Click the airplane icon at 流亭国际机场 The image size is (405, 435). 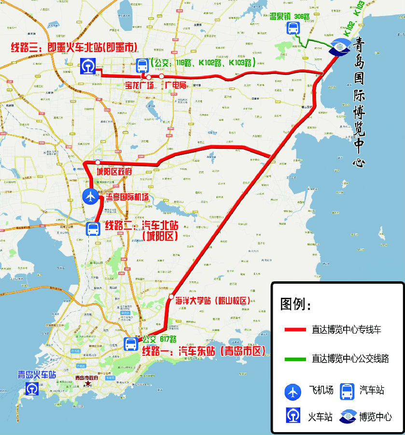click(90, 196)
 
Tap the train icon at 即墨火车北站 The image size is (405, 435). click(88, 65)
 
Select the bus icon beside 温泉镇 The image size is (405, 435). click(293, 29)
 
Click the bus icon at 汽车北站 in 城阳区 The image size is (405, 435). click(93, 229)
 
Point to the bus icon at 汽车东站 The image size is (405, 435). click(131, 344)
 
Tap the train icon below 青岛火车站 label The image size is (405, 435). click(32, 389)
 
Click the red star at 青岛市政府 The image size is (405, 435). click(87, 384)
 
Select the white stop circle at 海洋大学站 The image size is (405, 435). click(171, 296)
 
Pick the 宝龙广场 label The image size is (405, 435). click(140, 86)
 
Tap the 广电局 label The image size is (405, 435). click(176, 86)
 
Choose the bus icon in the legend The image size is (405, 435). click(348, 391)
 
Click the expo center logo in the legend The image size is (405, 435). click(349, 417)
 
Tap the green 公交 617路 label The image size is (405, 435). click(160, 339)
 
